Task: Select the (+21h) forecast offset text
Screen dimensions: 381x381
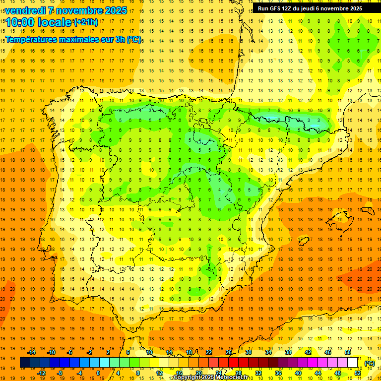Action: point(86,22)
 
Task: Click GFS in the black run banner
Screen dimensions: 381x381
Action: point(275,8)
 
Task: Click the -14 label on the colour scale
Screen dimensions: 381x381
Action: point(32,352)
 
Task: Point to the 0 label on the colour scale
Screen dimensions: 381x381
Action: point(98,373)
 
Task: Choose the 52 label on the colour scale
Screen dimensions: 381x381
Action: point(358,373)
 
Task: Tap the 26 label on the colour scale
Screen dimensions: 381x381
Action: point(229,352)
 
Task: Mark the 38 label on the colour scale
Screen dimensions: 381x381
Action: point(288,352)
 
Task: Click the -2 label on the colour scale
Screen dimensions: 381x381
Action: point(89,352)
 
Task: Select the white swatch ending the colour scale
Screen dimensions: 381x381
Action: point(353,363)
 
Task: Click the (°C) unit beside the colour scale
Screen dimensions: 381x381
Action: point(370,363)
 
